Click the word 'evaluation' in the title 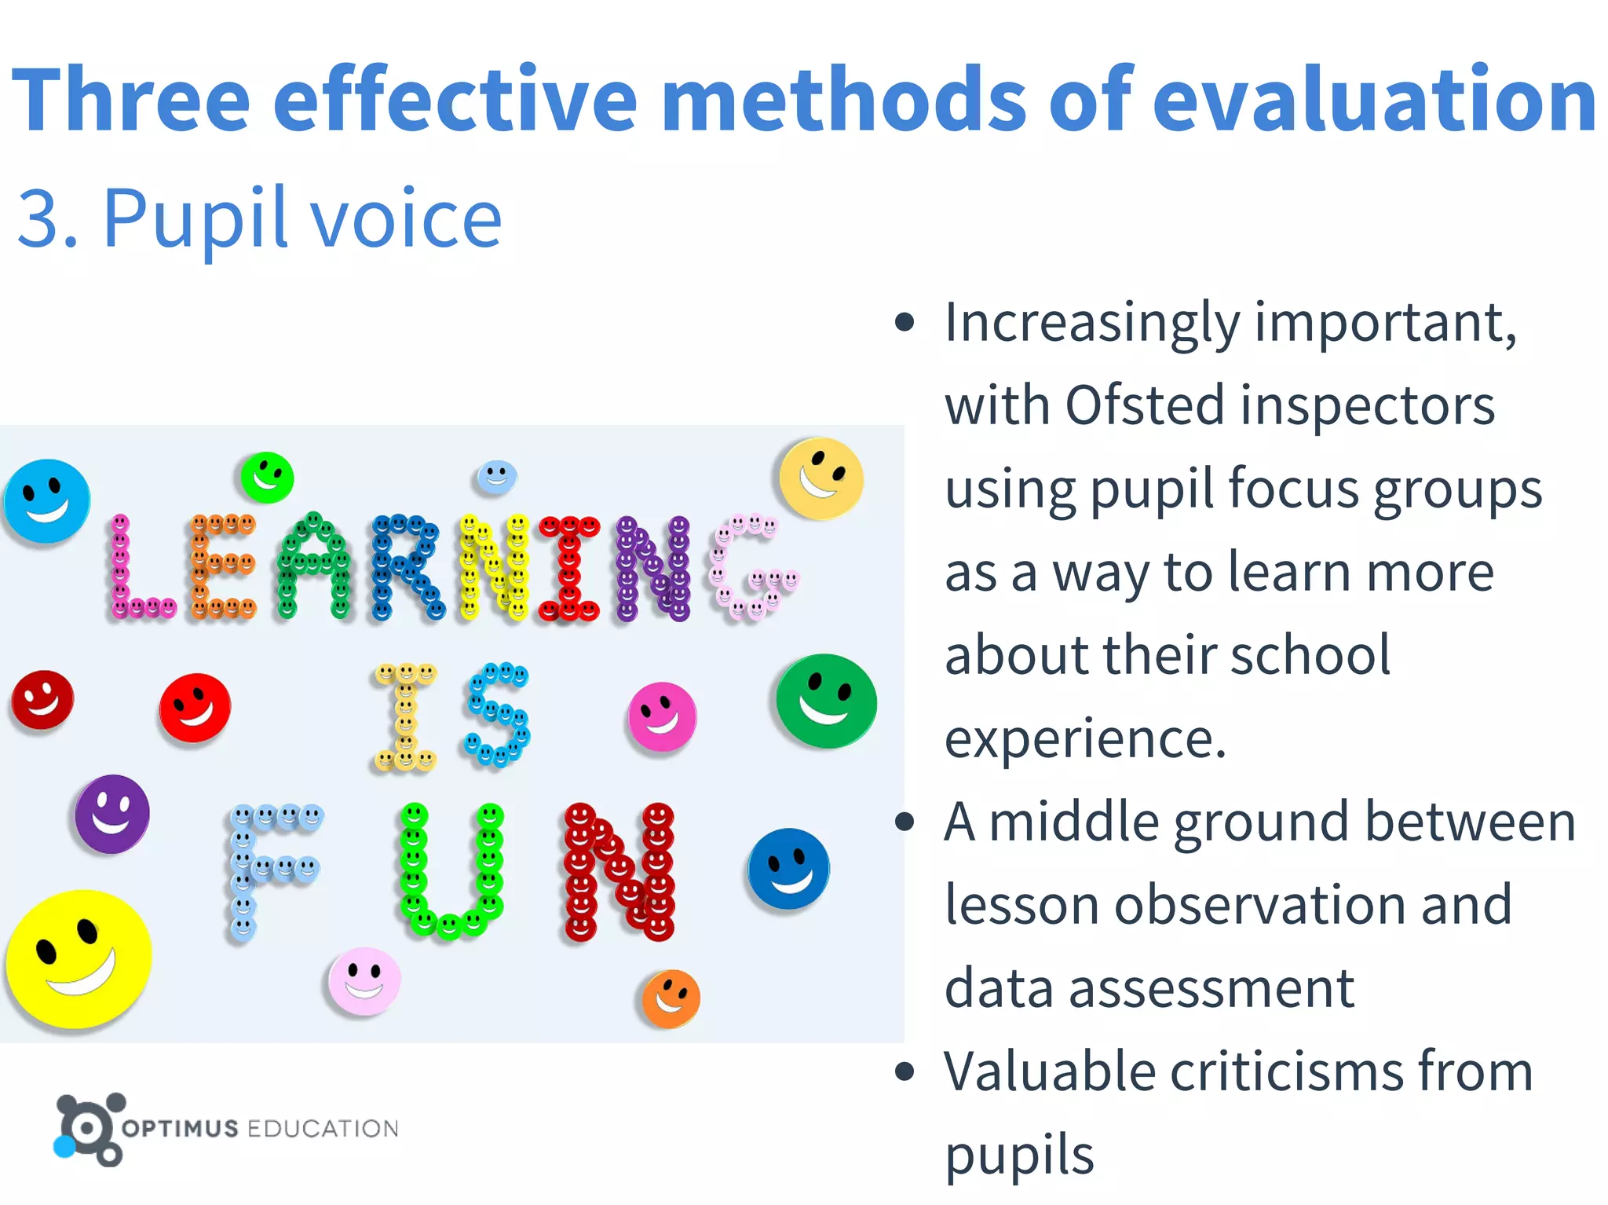click(x=1374, y=101)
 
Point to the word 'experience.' click(x=1085, y=739)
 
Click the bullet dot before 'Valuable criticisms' click(x=904, y=1071)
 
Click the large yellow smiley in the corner click(x=79, y=958)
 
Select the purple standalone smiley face click(x=112, y=814)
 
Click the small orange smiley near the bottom click(x=671, y=998)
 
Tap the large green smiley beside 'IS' click(x=826, y=701)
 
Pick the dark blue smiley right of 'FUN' click(x=788, y=869)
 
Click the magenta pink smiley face click(x=662, y=716)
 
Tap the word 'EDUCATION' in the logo click(x=323, y=1129)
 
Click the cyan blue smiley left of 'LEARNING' click(x=47, y=501)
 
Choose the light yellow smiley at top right click(x=821, y=478)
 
